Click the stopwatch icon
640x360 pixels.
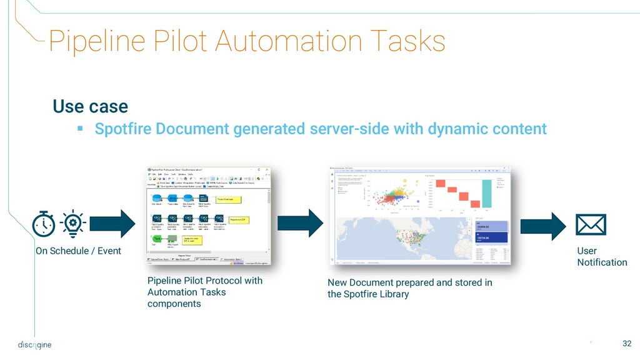click(44, 224)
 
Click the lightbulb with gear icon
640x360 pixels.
click(73, 223)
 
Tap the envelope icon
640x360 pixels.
click(590, 224)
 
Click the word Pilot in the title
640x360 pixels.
click(171, 42)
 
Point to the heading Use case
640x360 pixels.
click(90, 106)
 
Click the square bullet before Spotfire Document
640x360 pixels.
click(79, 129)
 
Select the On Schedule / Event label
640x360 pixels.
click(78, 251)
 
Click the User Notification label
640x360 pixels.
click(601, 256)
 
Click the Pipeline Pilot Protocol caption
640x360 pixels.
click(205, 292)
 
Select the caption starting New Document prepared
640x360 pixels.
click(409, 288)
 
